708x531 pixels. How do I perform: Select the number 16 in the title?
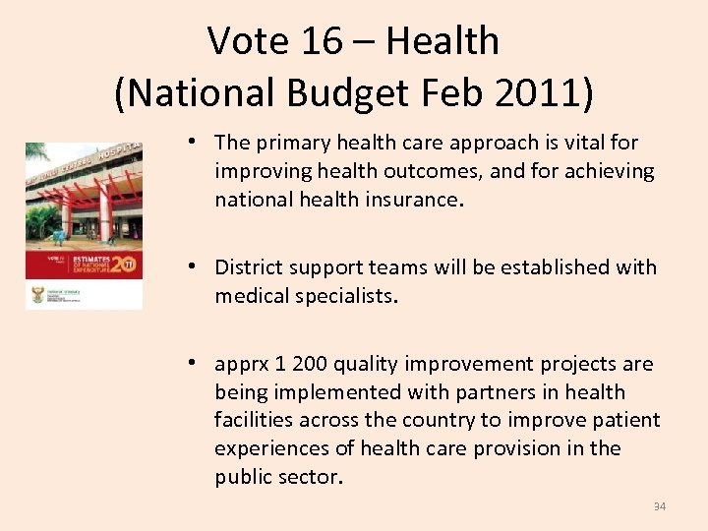(325, 41)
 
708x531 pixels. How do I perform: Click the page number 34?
(659, 506)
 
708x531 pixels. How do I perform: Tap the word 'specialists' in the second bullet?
(345, 296)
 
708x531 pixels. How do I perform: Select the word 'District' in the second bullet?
(252, 267)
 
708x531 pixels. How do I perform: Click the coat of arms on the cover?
(37, 294)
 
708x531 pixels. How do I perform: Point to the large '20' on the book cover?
(123, 265)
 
